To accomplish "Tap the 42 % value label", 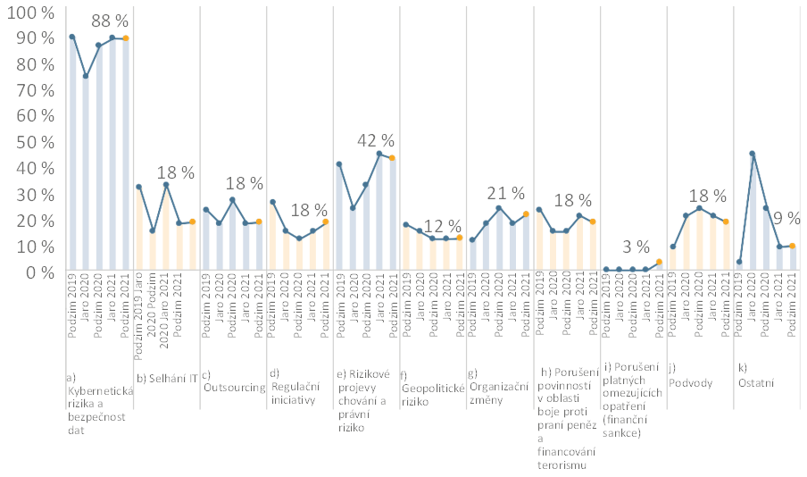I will tap(376, 140).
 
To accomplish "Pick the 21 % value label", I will tap(508, 194).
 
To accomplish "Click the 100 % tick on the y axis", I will tap(29, 13).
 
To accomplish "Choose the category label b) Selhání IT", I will tap(166, 378).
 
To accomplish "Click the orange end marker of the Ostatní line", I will tap(792, 247).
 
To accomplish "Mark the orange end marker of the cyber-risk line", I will tap(125, 38).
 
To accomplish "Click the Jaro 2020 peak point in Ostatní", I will tap(753, 154).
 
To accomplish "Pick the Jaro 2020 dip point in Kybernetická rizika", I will tap(86, 76).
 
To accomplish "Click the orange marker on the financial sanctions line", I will tap(660, 262).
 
